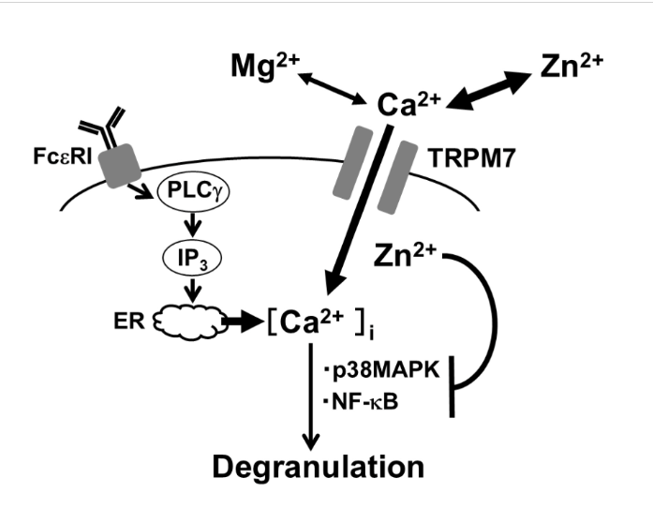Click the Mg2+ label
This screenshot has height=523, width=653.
tap(265, 67)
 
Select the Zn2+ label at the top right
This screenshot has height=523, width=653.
tap(571, 66)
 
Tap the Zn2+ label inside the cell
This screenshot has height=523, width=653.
tap(406, 255)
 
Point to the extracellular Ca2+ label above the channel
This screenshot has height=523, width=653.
tap(408, 104)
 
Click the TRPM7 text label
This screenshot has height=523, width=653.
tap(472, 158)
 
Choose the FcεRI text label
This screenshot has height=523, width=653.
tap(63, 157)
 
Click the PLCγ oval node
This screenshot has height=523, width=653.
tap(193, 192)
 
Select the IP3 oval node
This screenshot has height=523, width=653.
tap(192, 259)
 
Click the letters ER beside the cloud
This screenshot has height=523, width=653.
tap(129, 321)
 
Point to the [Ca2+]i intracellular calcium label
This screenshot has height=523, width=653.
tap(319, 323)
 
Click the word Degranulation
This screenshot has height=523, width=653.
tap(319, 467)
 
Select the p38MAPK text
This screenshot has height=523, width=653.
tap(382, 369)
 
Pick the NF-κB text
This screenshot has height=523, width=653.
tap(361, 403)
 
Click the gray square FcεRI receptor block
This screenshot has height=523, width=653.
tap(120, 166)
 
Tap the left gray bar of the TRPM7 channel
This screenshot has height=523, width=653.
tap(353, 162)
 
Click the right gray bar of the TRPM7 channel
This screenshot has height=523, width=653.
tap(397, 177)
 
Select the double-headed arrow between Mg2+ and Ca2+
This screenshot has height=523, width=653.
tap(332, 88)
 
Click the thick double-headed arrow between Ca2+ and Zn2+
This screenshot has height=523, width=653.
tap(489, 91)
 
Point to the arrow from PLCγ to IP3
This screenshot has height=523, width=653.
tap(192, 225)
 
